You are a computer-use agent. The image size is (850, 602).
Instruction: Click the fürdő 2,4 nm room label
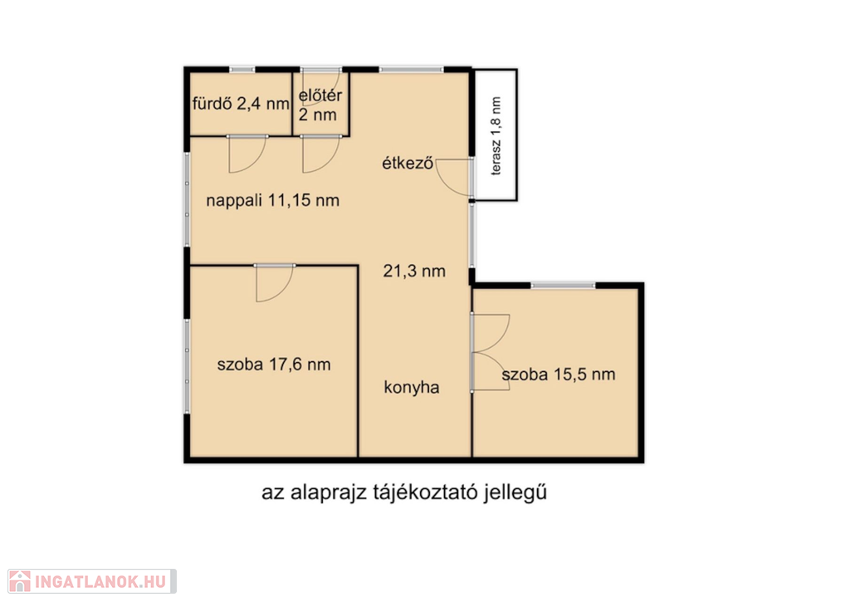(241, 103)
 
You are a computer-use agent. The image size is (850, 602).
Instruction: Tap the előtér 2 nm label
(320, 105)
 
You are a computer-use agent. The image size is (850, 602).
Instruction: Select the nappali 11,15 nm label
(272, 201)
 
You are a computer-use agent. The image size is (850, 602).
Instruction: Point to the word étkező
(408, 163)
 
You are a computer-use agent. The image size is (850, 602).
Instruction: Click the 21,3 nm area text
(414, 271)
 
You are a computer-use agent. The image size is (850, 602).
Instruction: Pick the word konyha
(412, 387)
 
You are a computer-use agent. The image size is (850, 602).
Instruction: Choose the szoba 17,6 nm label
(274, 365)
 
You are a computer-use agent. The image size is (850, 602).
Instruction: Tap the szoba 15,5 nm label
(559, 374)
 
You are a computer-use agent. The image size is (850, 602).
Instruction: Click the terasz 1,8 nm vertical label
(496, 135)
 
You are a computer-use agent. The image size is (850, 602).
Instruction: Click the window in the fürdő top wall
(242, 70)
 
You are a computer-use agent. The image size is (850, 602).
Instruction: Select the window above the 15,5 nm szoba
(563, 286)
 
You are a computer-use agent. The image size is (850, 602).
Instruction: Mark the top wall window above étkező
(411, 70)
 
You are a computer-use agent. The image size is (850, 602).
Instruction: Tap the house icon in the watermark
(20, 581)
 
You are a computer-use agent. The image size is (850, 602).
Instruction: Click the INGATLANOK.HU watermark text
(100, 582)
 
